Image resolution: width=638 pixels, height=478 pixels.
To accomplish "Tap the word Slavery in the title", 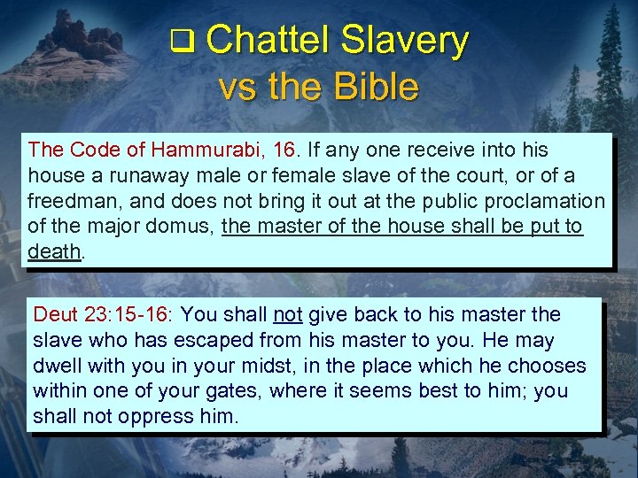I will click(404, 41).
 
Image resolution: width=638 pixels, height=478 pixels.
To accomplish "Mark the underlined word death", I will click(54, 252).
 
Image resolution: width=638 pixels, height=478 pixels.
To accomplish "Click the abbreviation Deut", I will click(55, 314).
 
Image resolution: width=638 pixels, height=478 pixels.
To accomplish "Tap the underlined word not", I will click(288, 314).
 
